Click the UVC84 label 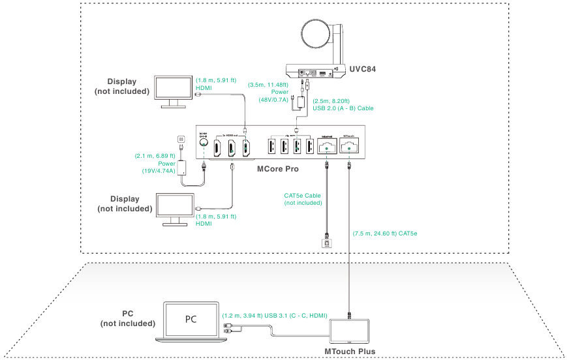click(x=363, y=68)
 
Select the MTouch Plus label click(x=350, y=352)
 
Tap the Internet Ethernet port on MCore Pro click(x=325, y=148)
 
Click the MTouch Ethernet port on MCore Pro click(x=350, y=148)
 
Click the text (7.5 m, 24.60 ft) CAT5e click(x=384, y=233)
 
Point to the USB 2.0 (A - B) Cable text click(x=343, y=108)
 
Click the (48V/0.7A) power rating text click(x=271, y=99)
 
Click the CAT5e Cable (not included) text click(x=303, y=199)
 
